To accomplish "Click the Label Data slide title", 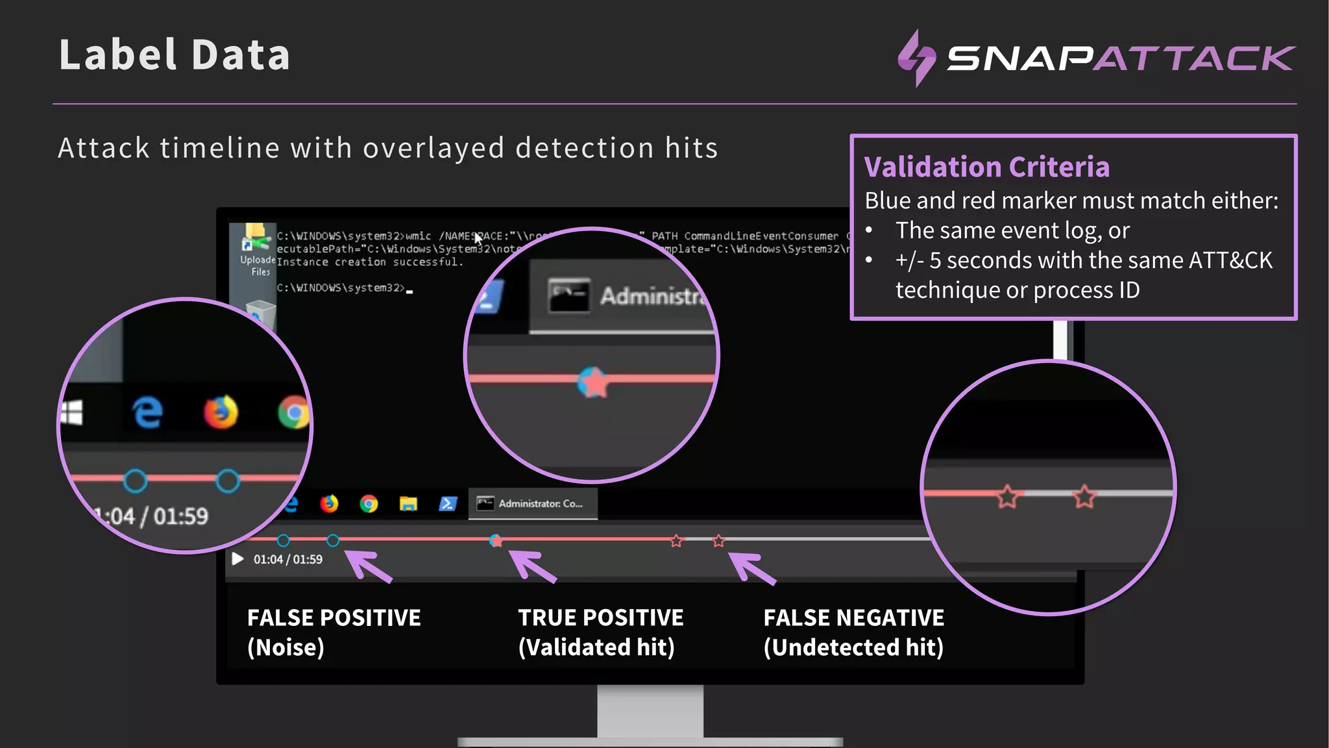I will (x=174, y=55).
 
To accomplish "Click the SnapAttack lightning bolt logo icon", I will (x=916, y=58).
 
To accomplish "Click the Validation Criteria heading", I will (x=986, y=167).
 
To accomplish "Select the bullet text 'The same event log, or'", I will (x=1012, y=231).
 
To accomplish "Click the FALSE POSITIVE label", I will (x=334, y=617).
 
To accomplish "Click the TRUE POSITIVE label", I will (x=600, y=617).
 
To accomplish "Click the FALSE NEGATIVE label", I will (x=853, y=617).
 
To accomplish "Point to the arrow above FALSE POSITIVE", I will (x=369, y=566).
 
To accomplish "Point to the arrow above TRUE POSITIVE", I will (x=533, y=566).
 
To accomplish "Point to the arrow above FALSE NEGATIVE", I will (x=752, y=567).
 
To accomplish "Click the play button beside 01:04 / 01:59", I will (x=238, y=559).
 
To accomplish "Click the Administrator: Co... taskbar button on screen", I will (x=533, y=504).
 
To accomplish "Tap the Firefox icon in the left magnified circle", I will (x=221, y=412).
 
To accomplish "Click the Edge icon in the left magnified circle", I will (x=148, y=412).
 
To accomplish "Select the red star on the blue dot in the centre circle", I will (x=592, y=382).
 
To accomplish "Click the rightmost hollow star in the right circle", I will (x=1084, y=497).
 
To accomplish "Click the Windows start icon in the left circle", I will (x=72, y=413).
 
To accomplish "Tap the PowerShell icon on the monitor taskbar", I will (x=448, y=504).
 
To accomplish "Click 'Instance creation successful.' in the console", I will (x=370, y=262).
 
